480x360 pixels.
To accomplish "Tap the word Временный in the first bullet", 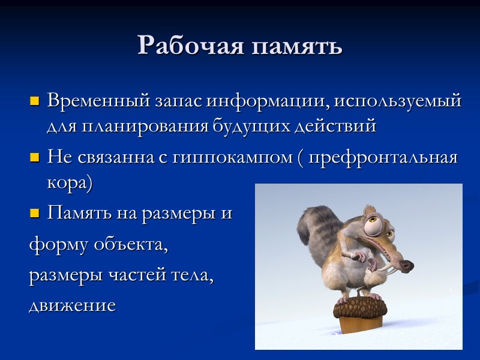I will coord(95,100).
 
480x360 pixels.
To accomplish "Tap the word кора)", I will coord(70,184).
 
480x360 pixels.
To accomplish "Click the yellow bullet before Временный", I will coord(34,100).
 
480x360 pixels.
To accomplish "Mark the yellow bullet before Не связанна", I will coord(34,158).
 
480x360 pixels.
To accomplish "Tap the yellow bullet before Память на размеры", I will coord(34,213).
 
